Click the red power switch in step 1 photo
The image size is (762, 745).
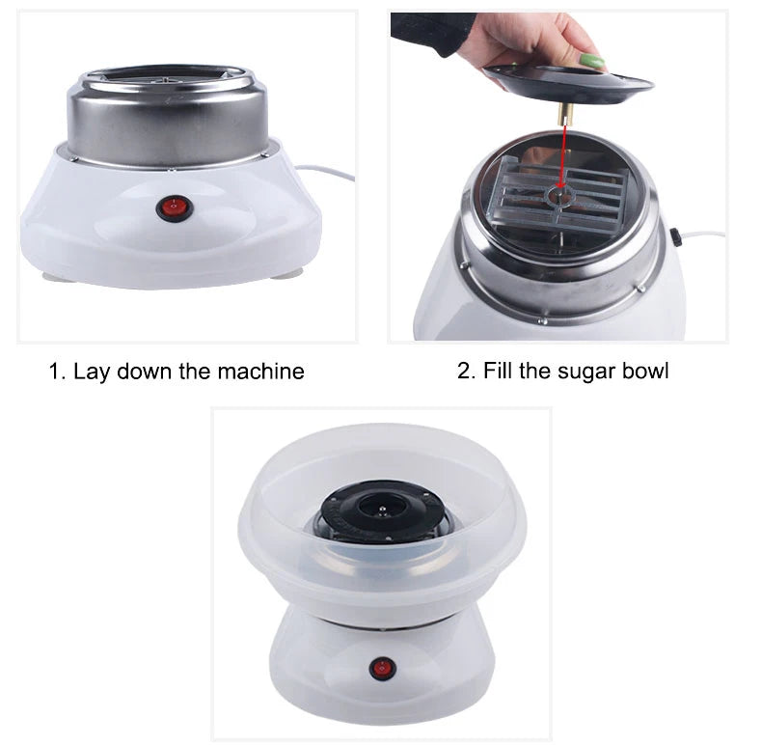(x=175, y=208)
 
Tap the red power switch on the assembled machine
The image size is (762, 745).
(x=383, y=669)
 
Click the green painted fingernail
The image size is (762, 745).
(x=592, y=62)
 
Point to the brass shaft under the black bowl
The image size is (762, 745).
(x=565, y=113)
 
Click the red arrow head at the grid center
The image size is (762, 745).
(x=560, y=183)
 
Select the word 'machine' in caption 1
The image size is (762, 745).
(x=260, y=372)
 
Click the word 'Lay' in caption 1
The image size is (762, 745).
(x=91, y=372)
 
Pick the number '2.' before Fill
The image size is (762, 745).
(x=467, y=372)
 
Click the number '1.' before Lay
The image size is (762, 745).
(x=57, y=372)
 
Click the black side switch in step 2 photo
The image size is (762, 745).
(x=675, y=236)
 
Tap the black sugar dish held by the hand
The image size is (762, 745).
(x=567, y=84)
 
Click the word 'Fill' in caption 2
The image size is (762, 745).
(x=497, y=371)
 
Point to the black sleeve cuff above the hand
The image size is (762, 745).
(x=432, y=30)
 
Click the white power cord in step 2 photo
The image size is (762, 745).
(x=703, y=235)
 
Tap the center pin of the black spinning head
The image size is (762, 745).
(x=383, y=510)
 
